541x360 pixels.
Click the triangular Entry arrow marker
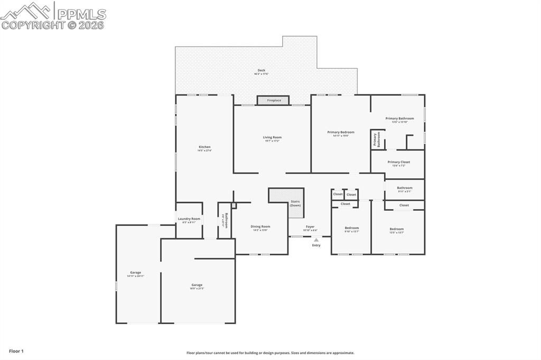tap(316, 240)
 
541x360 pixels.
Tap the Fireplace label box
tap(274, 100)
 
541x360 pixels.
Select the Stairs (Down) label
tap(295, 203)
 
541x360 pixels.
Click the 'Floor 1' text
tap(16, 351)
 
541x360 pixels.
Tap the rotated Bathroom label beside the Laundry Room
tap(226, 220)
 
